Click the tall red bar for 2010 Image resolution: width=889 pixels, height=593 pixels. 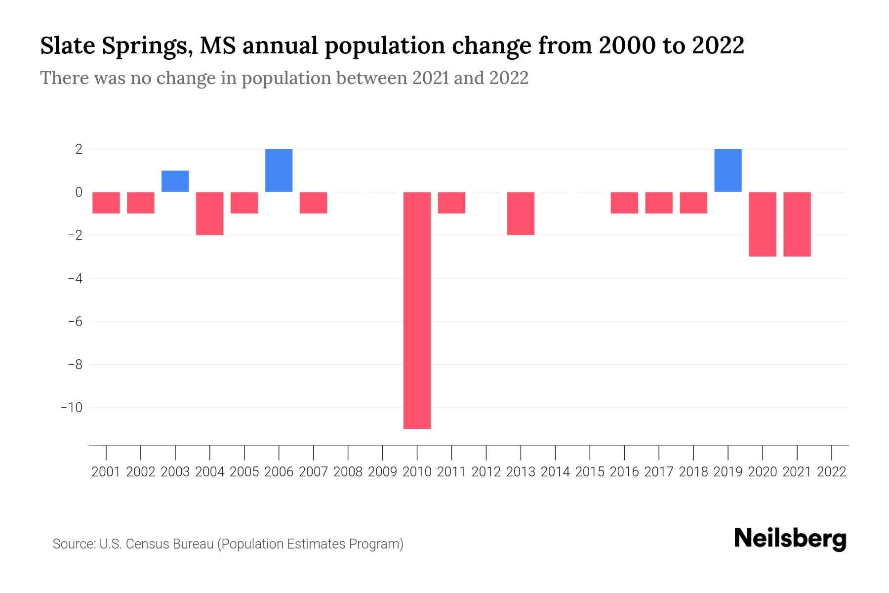coord(417,310)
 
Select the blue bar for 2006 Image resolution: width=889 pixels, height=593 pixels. coord(279,170)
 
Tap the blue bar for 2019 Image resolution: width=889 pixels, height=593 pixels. coord(727,170)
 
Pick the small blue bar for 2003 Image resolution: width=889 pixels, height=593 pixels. coord(175,181)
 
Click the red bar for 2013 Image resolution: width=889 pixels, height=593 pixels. coord(521,213)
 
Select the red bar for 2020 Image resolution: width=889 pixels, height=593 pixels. coord(762,224)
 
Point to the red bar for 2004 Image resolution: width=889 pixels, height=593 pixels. coord(210,213)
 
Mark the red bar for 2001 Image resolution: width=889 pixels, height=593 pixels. coord(106,203)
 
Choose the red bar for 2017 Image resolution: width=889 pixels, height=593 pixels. coord(658,203)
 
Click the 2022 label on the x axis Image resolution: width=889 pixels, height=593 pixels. coord(832,472)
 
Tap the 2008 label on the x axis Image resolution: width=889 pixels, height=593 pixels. coord(348,472)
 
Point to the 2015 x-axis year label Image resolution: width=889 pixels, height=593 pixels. coord(590,472)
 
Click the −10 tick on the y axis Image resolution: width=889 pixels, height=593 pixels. coord(72,408)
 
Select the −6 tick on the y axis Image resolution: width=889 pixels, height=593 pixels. coord(75,322)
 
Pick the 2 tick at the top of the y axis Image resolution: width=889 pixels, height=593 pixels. coord(79,149)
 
